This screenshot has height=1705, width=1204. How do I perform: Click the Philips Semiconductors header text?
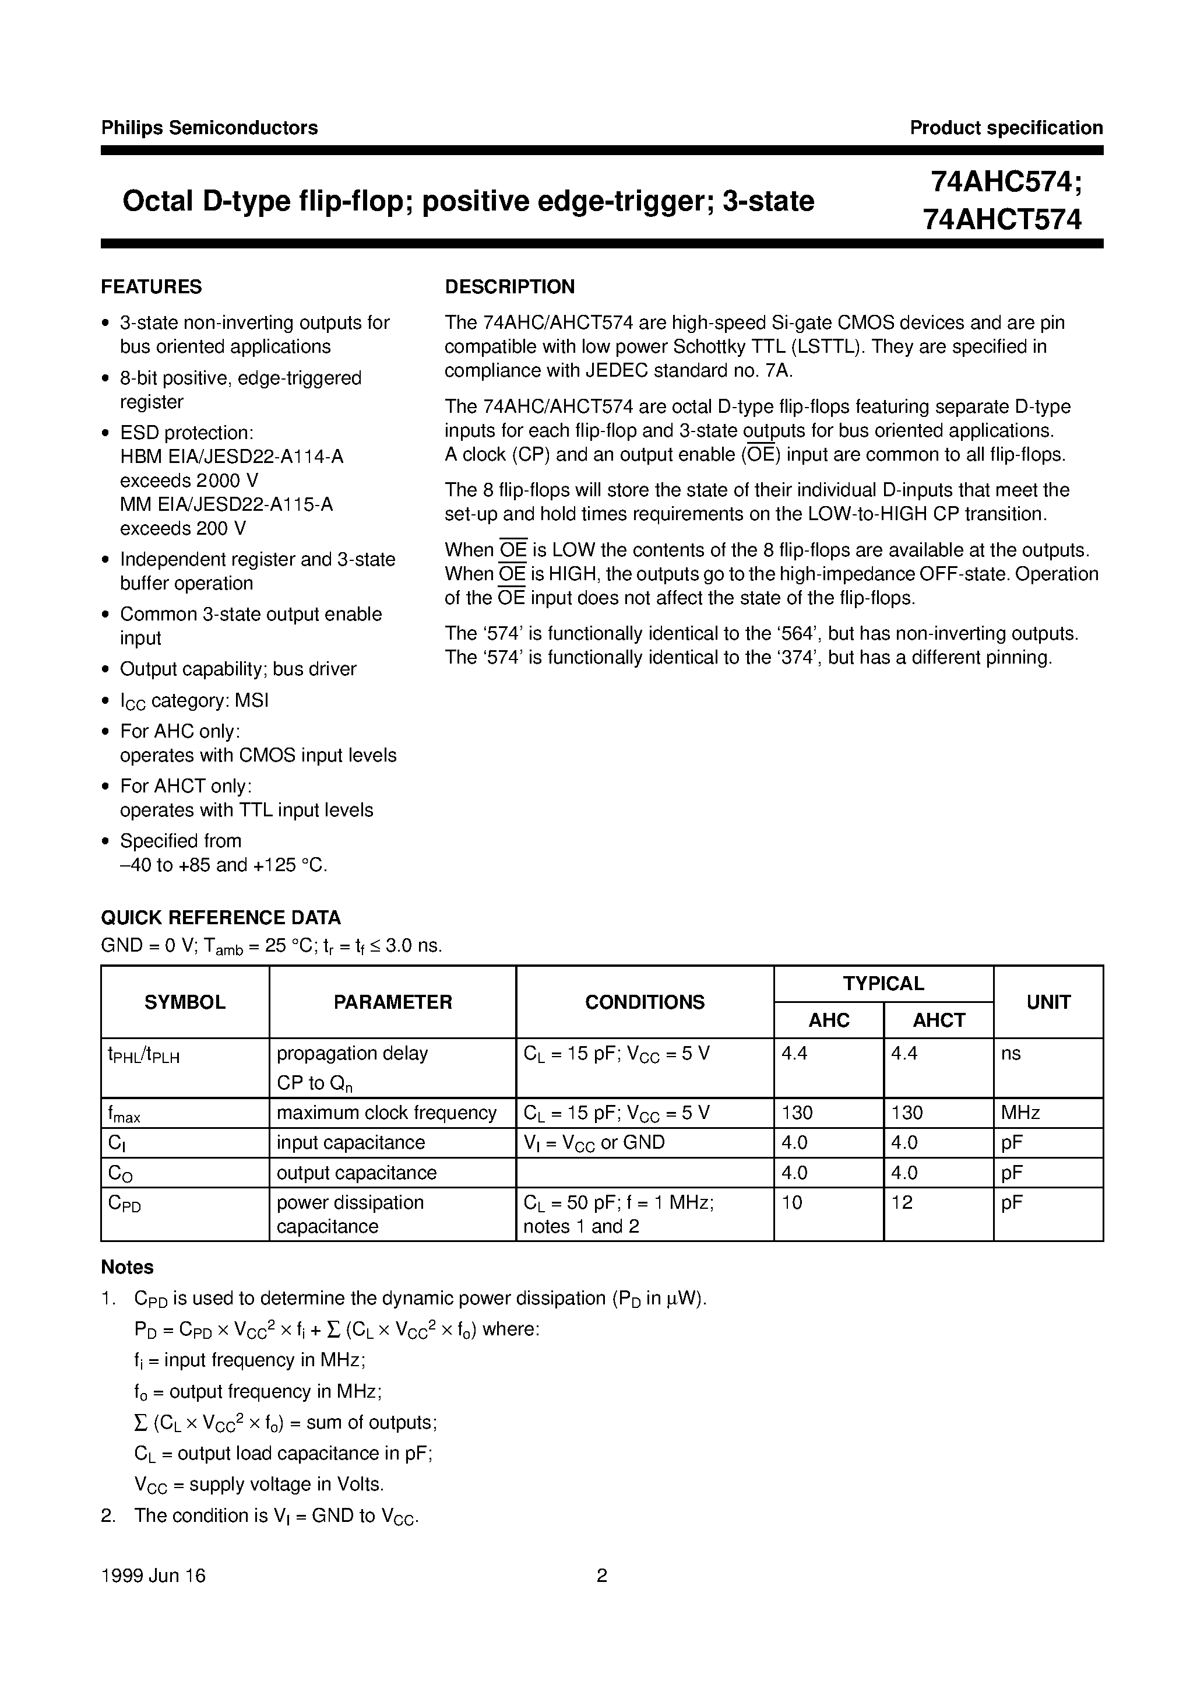tap(209, 128)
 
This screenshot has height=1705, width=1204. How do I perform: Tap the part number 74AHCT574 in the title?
tap(1002, 220)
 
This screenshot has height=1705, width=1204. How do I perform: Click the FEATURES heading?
tap(152, 287)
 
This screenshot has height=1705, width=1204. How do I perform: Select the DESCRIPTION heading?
tap(509, 287)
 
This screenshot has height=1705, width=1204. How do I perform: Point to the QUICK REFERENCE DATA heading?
tap(220, 918)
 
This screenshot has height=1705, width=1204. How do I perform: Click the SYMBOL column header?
tap(185, 1002)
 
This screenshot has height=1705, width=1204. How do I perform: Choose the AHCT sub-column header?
tap(938, 1020)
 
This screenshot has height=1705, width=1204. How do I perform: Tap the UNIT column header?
tap(1048, 1002)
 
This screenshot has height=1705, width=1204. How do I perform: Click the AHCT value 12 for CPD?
tap(902, 1202)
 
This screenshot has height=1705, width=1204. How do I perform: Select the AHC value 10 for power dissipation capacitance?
tap(792, 1202)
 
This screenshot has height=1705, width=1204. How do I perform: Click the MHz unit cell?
tap(1020, 1113)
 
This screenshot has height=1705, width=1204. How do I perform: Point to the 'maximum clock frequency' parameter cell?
tap(386, 1113)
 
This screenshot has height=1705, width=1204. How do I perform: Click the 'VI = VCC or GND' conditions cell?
tap(594, 1143)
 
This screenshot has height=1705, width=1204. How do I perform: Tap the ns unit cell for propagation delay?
tap(1011, 1054)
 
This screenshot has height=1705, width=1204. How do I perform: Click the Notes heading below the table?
tap(127, 1267)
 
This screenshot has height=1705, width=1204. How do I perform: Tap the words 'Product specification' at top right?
tap(1006, 128)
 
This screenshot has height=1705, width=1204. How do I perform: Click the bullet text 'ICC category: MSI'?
tap(195, 700)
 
